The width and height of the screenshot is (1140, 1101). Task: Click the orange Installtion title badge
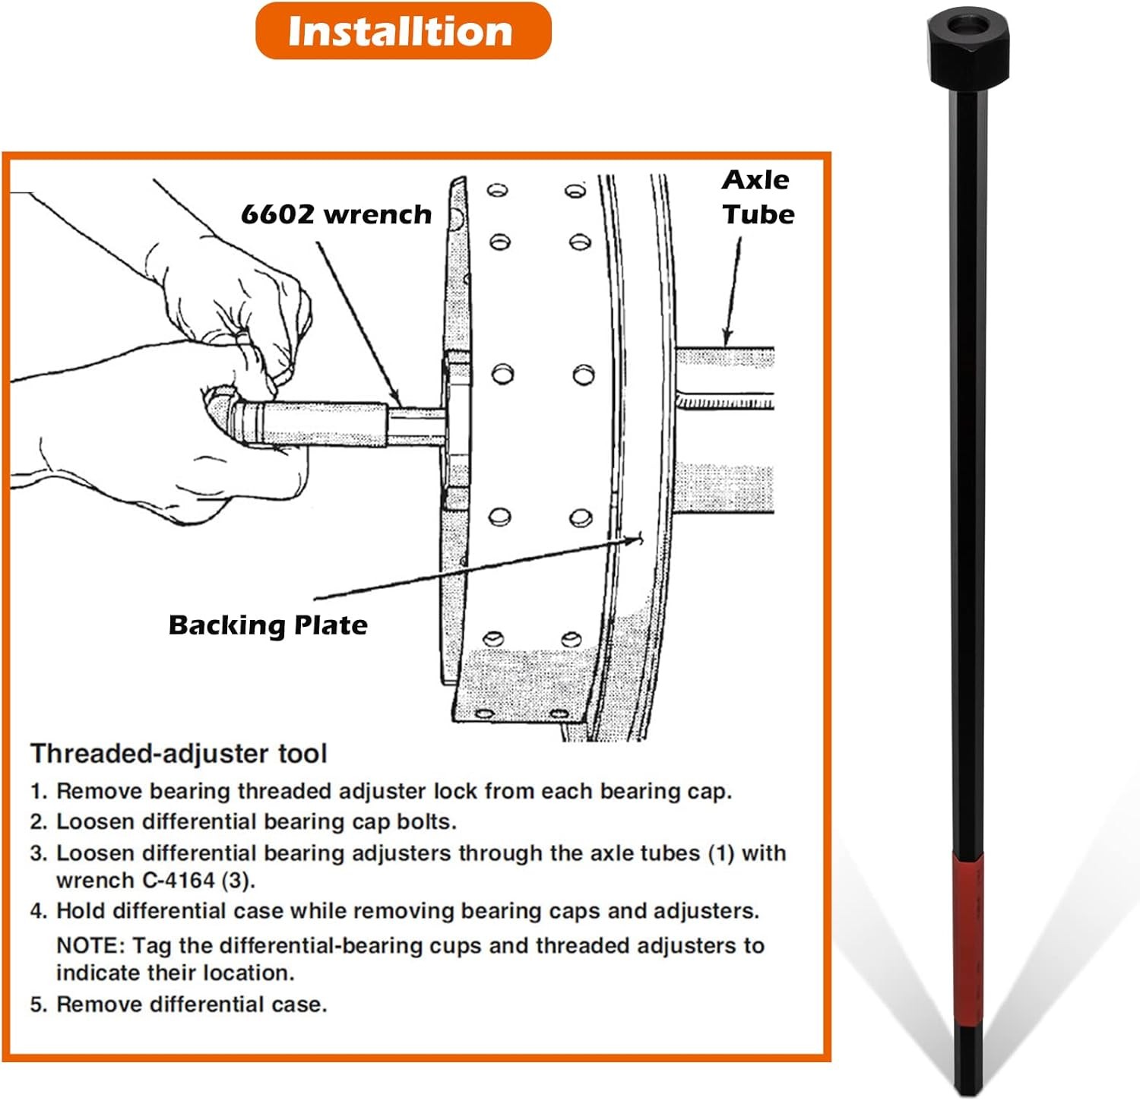point(403,31)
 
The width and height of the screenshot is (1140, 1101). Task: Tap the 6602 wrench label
point(336,214)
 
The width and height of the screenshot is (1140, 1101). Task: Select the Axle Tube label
point(758,197)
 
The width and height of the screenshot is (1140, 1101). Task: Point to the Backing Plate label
point(268,625)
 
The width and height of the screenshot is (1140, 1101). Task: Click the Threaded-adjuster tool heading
point(179,754)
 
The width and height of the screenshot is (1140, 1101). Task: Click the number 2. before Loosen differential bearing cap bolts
point(39,822)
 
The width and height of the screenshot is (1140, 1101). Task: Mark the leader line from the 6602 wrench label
point(358,323)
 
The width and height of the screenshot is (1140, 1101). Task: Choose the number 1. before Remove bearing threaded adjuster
point(39,792)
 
